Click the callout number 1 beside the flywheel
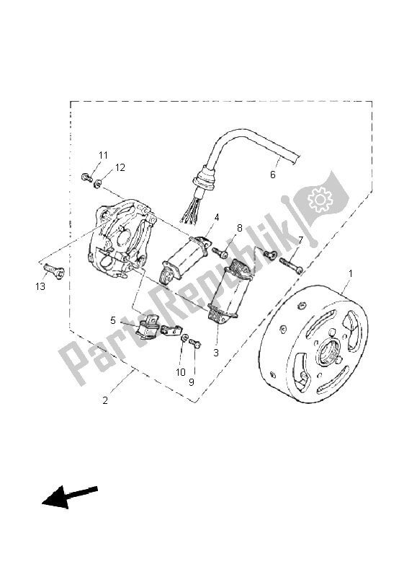coord(351,273)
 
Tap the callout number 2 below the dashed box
coord(106,400)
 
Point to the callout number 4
coord(217,216)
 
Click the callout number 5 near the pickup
coord(113,320)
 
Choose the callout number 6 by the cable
coord(273,175)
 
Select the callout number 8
coord(240,229)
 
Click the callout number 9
coord(192,382)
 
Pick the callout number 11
coord(103,155)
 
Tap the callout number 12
coord(120,167)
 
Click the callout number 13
coord(40,286)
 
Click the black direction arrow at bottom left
coord(69,497)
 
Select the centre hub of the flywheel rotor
coord(333,353)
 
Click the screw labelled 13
coord(54,271)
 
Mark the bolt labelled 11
coord(86,177)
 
